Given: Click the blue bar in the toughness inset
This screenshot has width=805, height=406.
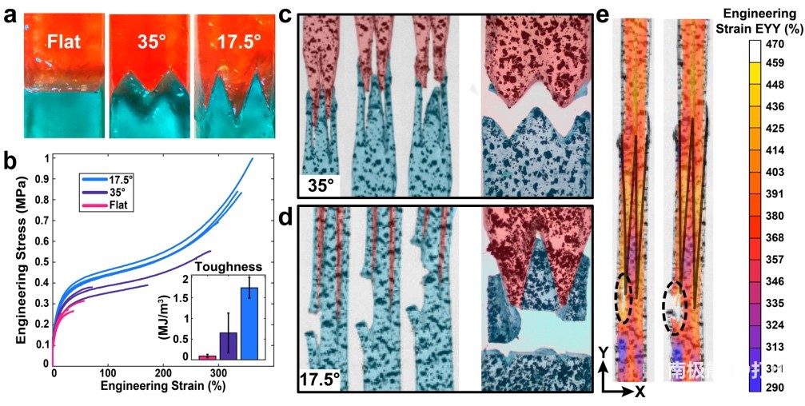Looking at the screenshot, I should [x=250, y=323].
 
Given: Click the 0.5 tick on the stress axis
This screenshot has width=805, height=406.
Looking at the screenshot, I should [x=40, y=261].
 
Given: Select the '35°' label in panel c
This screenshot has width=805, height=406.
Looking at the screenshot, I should [x=321, y=186].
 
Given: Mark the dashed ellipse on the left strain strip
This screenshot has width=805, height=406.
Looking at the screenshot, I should [x=624, y=296].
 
